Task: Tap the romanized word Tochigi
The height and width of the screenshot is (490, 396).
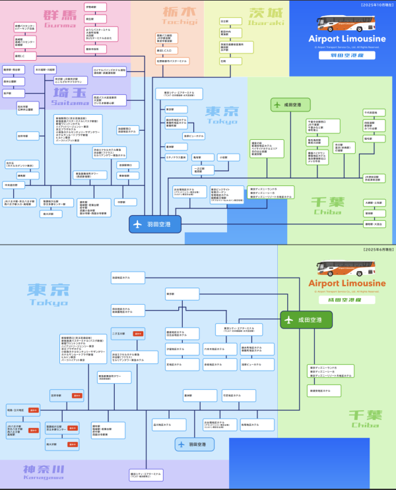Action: [178, 22]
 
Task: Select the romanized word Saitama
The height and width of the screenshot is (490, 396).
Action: [70, 103]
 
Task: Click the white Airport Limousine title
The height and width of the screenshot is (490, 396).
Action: [341, 38]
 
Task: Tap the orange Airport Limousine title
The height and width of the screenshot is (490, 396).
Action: [347, 283]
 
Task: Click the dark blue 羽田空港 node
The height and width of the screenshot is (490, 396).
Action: [155, 224]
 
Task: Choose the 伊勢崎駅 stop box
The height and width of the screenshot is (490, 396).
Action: [91, 7]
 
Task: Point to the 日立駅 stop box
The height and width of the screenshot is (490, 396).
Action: [224, 21]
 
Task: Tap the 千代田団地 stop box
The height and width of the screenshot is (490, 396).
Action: [370, 112]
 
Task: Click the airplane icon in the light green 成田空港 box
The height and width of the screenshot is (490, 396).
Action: [277, 105]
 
